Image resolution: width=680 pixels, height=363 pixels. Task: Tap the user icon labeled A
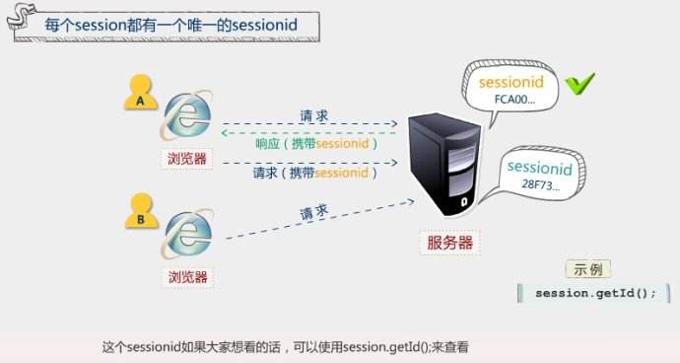[141, 92]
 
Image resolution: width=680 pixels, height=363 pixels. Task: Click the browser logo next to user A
[187, 114]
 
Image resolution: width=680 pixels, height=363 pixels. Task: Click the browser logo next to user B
[187, 234]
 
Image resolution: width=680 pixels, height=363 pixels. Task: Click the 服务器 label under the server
[449, 242]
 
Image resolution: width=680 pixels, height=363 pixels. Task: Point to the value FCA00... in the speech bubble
[514, 100]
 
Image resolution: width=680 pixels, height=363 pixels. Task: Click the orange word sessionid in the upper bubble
[511, 83]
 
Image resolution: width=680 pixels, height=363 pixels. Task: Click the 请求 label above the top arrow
[314, 115]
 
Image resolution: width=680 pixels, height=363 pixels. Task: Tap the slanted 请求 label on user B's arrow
[314, 212]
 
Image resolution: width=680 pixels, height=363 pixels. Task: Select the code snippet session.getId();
[594, 293]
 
